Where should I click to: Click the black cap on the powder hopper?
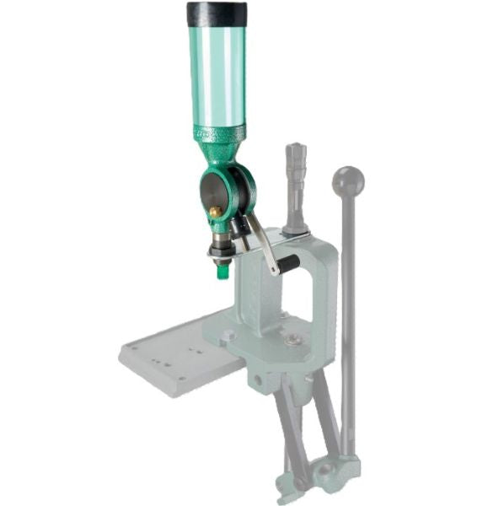(217, 14)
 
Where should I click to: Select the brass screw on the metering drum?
(215, 212)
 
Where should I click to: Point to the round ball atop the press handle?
(348, 180)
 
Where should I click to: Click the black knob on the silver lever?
(288, 265)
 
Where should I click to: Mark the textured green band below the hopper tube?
(219, 133)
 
